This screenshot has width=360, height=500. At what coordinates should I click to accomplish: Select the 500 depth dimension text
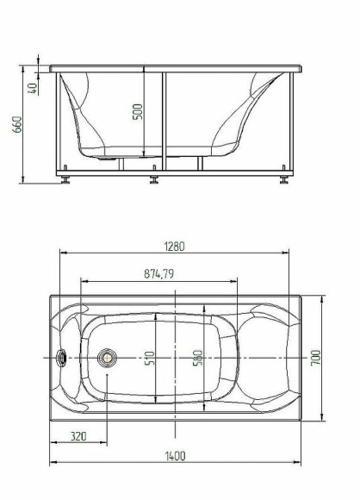138,113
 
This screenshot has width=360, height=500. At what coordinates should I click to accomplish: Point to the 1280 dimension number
175,246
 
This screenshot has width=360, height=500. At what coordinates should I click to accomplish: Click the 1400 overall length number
175,456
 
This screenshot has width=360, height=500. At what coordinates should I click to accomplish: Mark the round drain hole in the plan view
108,358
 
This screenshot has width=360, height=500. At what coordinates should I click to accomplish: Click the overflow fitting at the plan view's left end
62,358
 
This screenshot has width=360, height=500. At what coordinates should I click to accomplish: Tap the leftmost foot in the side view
66,180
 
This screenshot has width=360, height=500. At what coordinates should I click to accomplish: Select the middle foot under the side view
154,180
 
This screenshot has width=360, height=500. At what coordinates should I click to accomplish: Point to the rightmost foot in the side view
284,180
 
